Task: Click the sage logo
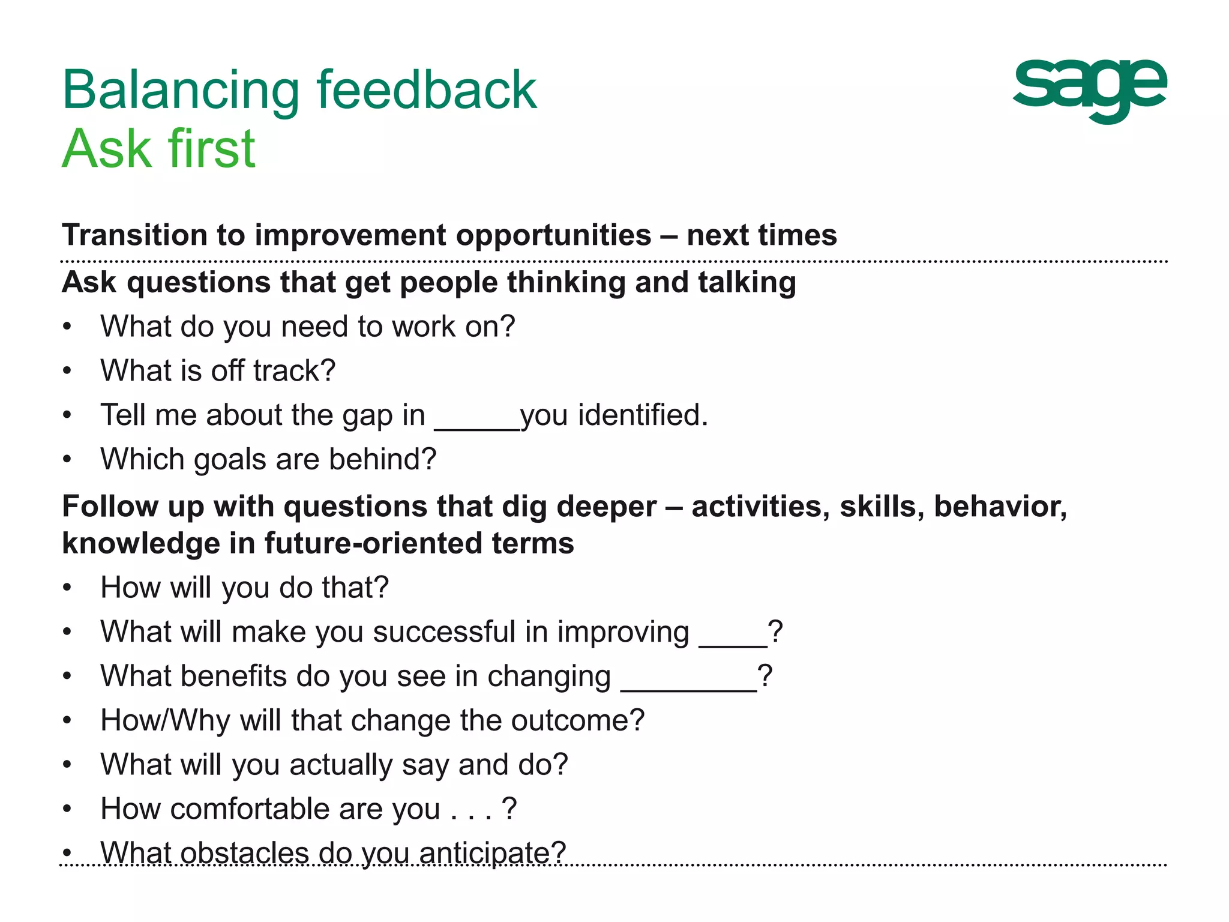(x=1089, y=90)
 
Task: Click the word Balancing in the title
(x=180, y=91)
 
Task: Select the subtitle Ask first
(x=158, y=149)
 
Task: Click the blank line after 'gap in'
(x=476, y=427)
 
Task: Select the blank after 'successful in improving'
(x=733, y=644)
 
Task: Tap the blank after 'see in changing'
(x=688, y=688)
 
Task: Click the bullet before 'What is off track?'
(x=67, y=371)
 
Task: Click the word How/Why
(x=165, y=721)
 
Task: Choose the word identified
(x=643, y=415)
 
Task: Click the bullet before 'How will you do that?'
(x=67, y=588)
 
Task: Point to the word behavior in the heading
(x=1000, y=507)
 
